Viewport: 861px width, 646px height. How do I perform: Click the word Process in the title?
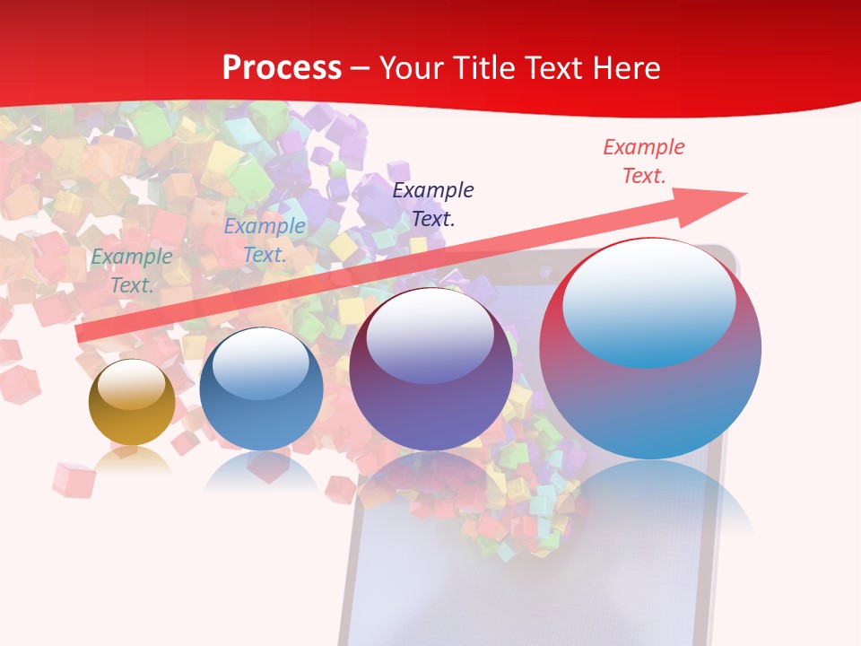(282, 68)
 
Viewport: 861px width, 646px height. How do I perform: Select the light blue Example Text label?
(265, 240)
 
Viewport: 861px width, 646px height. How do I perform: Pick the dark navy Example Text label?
(433, 204)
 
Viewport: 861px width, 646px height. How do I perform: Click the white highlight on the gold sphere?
(132, 383)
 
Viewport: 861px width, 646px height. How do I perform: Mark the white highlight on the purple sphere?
(430, 336)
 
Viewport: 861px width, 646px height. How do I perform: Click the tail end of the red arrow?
(83, 334)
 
